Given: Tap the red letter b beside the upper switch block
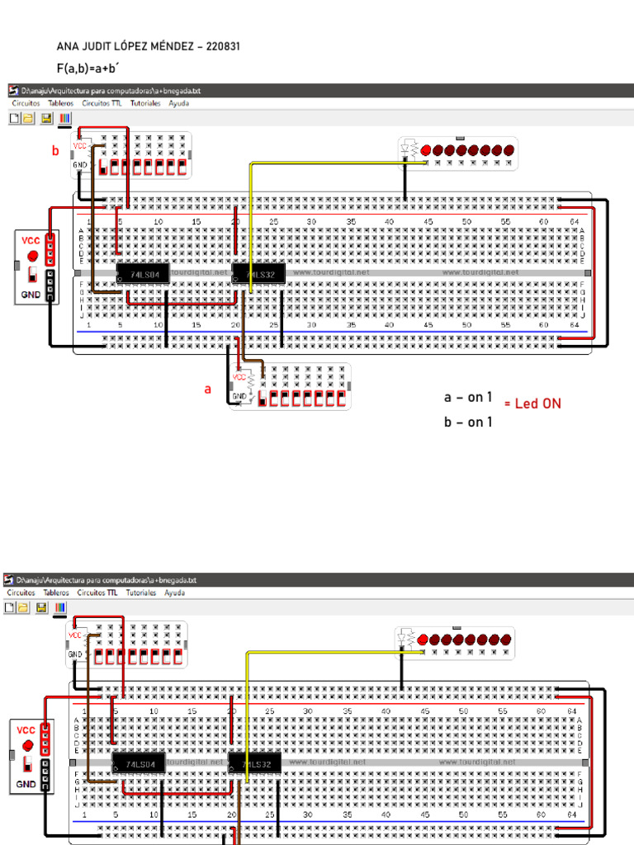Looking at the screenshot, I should pos(55,151).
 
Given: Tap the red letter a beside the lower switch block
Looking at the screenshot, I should pos(208,389).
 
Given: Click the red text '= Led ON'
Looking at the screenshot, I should pos(532,404).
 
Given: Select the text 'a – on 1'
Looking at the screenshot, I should pos(468,398).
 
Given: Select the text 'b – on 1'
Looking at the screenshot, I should pos(468,422).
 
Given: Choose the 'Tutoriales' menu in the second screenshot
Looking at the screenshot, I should pos(141,592).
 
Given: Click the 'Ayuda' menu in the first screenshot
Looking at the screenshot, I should pos(178,104).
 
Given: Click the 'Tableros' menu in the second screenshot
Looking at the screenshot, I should pos(56,592).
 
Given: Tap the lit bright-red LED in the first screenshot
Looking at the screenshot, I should pos(426,150).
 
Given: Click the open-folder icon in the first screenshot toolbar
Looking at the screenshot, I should pos(28,119).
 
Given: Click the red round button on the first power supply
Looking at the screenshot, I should pos(32,256).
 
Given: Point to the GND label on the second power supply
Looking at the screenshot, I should pos(26,783).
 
